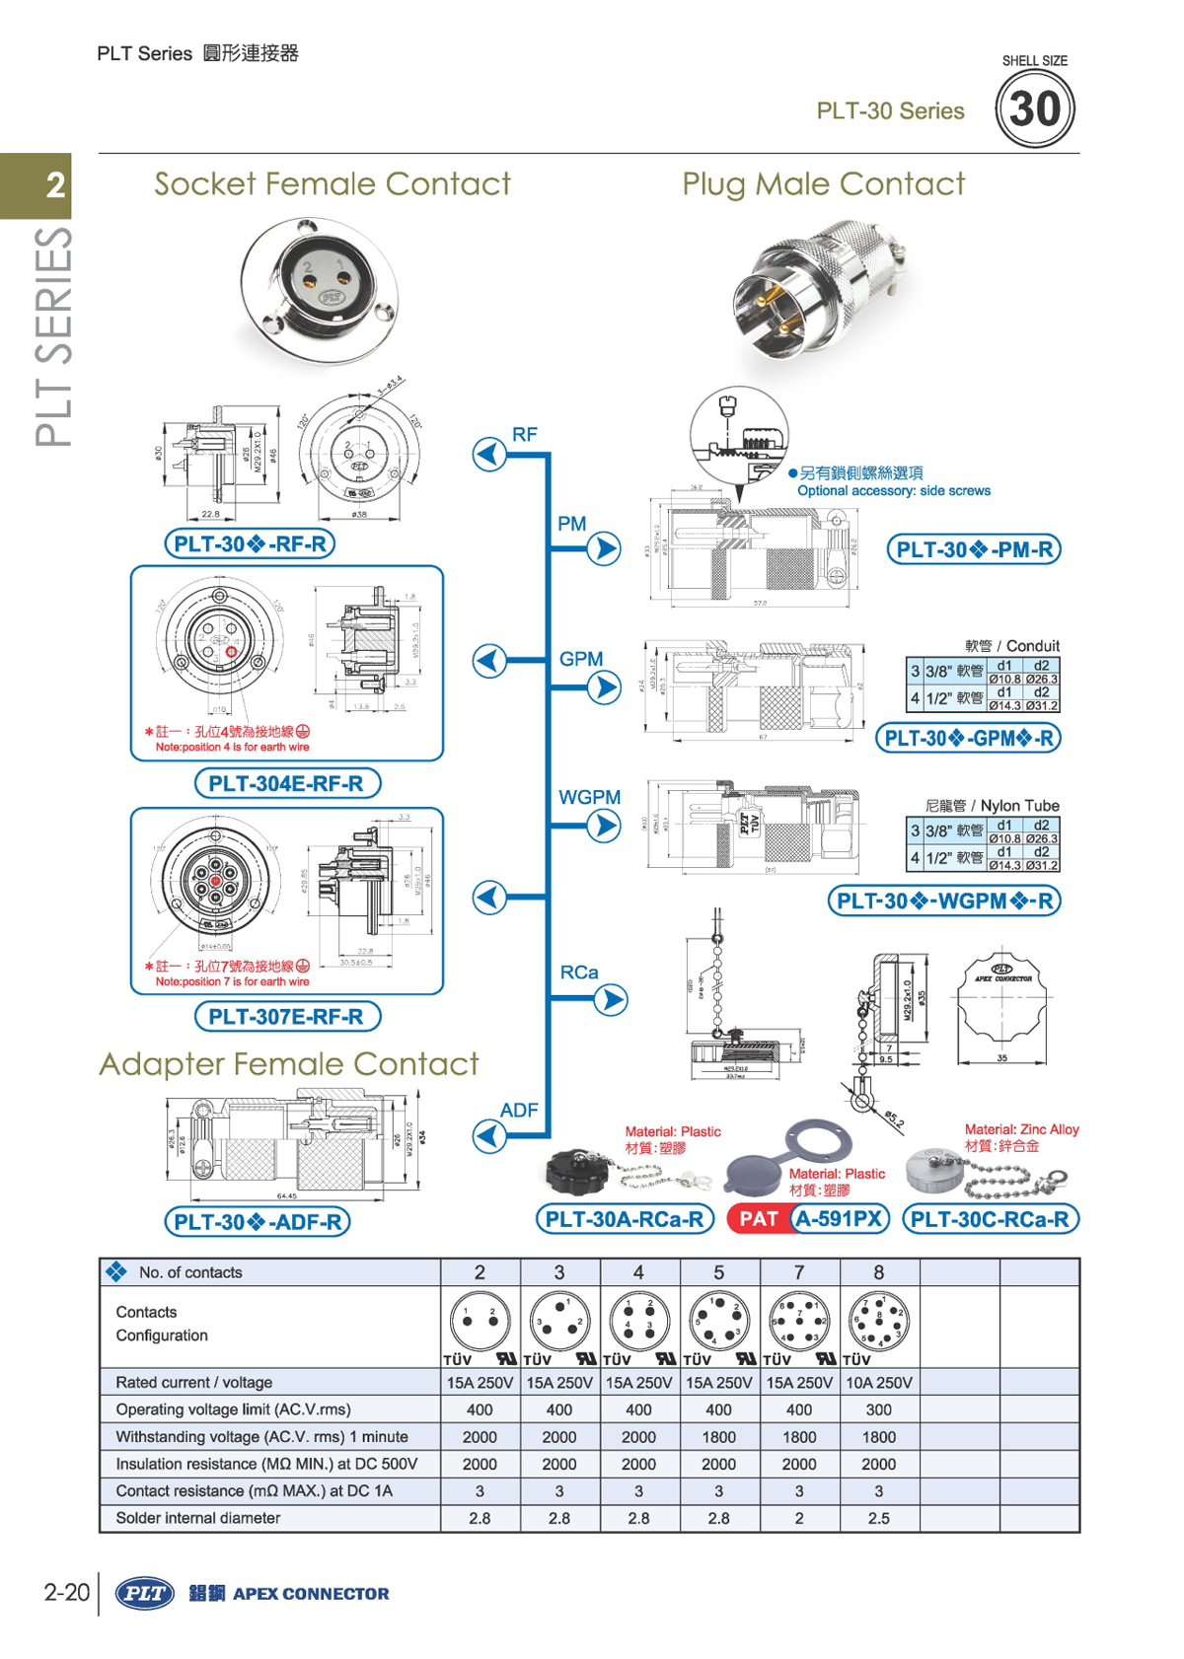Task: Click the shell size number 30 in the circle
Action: (x=1034, y=109)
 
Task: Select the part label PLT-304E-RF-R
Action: (x=286, y=783)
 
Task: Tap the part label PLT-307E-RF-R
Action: (x=286, y=1016)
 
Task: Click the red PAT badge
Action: (x=759, y=1219)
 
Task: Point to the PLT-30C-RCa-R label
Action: (x=990, y=1219)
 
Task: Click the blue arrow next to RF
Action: (x=489, y=455)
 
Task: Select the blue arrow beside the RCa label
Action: (x=611, y=1000)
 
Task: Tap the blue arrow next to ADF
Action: (x=489, y=1136)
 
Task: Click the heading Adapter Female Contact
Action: (x=288, y=1064)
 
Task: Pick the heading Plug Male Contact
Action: (x=823, y=184)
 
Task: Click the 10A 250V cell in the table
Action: (x=878, y=1383)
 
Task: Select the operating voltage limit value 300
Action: (x=878, y=1409)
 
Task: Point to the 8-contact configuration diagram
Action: (x=878, y=1322)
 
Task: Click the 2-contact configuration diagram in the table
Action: (x=480, y=1322)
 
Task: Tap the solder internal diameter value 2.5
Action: (x=878, y=1518)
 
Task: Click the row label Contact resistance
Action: (x=254, y=1491)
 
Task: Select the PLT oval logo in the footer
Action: (x=145, y=1593)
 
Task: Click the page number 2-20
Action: (x=66, y=1593)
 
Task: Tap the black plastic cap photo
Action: (x=579, y=1172)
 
